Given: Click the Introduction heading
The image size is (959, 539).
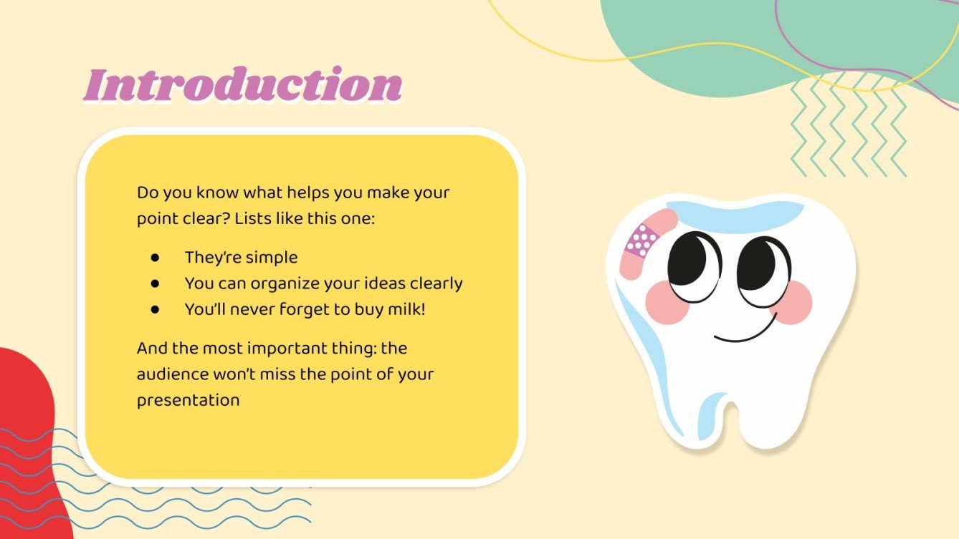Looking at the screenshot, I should pyautogui.click(x=242, y=86).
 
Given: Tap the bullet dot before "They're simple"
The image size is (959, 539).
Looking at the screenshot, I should pyautogui.click(x=155, y=258).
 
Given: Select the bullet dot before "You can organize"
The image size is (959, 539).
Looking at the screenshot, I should pyautogui.click(x=155, y=283).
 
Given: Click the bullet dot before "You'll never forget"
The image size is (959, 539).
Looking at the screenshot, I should pyautogui.click(x=155, y=310).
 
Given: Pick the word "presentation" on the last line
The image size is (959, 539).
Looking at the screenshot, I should pyautogui.click(x=188, y=399).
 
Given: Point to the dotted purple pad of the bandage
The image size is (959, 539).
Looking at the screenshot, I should pyautogui.click(x=641, y=239).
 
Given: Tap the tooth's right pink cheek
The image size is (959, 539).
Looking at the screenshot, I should pyautogui.click(x=792, y=301).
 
